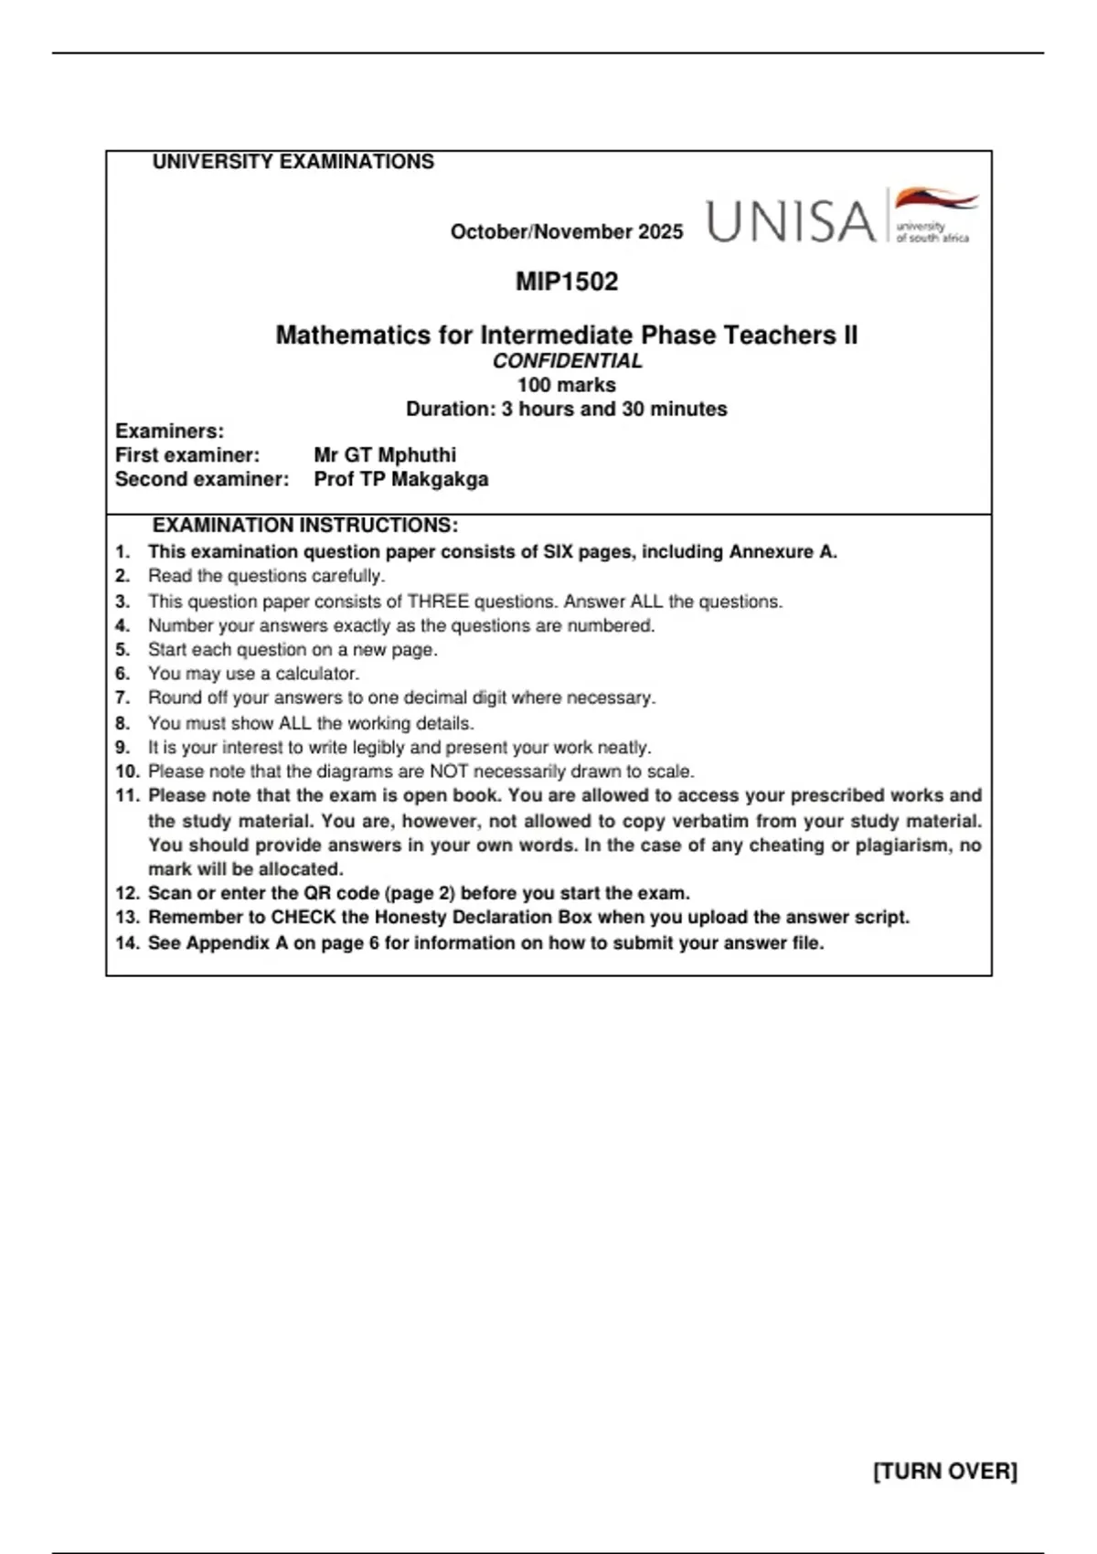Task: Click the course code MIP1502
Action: pos(567,282)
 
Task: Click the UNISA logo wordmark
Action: pos(792,222)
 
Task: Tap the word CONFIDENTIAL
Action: pos(567,361)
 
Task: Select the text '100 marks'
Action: pos(567,385)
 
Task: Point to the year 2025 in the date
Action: pos(660,232)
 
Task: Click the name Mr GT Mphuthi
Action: pos(385,455)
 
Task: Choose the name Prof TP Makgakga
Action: pos(401,479)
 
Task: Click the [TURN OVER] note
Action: pos(945,1472)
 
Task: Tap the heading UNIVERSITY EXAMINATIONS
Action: pos(293,162)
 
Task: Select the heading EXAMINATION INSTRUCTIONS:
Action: pos(305,526)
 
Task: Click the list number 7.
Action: pos(122,698)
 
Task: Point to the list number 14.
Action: pos(127,943)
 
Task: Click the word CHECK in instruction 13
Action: pos(304,918)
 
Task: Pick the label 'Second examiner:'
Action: pos(202,479)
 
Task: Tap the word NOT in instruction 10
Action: pos(449,772)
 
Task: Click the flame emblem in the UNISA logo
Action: pos(935,200)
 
